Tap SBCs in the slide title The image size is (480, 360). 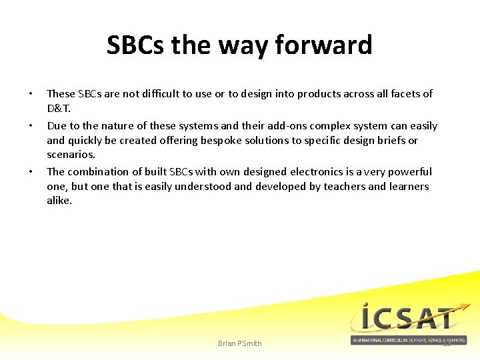coord(136,45)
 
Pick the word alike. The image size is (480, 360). coord(59,200)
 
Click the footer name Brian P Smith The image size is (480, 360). coord(240,343)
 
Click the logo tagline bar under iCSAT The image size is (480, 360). coord(409,340)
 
